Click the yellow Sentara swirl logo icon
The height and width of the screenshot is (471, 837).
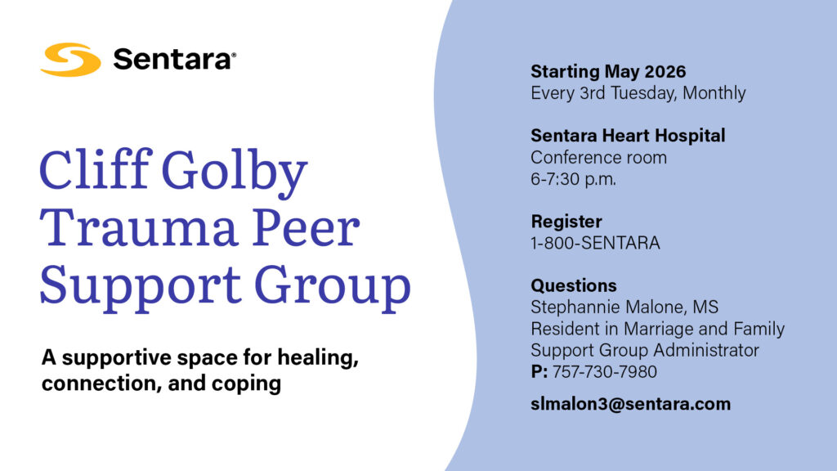pos(70,59)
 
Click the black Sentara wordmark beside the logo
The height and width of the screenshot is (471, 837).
pos(173,59)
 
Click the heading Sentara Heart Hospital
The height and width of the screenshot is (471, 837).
pos(628,136)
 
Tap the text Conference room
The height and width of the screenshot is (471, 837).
pos(598,157)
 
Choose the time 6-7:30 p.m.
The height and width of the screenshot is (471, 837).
pos(573,178)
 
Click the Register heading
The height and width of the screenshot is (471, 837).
pos(566,222)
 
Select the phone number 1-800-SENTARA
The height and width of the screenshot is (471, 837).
pos(595,243)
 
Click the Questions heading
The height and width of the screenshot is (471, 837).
pos(574,286)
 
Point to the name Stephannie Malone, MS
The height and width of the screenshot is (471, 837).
pos(624,307)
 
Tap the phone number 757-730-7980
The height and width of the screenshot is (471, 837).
pos(605,372)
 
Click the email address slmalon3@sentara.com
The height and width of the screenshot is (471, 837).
pos(630,404)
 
